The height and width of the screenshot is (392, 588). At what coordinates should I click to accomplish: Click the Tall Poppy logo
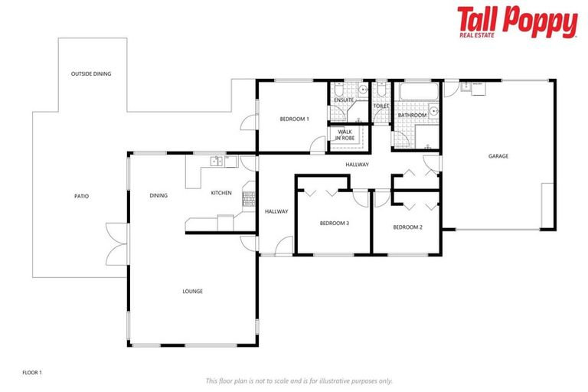pos(517,22)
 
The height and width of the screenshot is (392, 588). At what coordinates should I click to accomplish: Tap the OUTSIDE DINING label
pos(91,74)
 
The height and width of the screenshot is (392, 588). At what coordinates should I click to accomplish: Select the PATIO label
pos(81,196)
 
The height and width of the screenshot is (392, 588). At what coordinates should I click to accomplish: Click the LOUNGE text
pos(192,291)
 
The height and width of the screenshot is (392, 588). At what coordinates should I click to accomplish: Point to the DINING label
pos(158,196)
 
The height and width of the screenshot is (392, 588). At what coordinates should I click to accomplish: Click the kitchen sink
pos(217,161)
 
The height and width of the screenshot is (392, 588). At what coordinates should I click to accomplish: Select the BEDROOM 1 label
pos(293,119)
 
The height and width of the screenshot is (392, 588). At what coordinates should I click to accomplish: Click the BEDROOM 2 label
pos(407,227)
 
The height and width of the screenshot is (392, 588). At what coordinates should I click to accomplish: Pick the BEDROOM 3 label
pos(334,224)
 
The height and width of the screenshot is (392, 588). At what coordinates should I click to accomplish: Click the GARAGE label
pos(498,156)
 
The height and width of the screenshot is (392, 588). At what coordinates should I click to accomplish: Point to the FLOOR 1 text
pos(32,372)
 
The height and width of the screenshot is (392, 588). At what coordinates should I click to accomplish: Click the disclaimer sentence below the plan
pos(299,381)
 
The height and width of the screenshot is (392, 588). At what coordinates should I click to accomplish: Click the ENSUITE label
pos(344,100)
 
